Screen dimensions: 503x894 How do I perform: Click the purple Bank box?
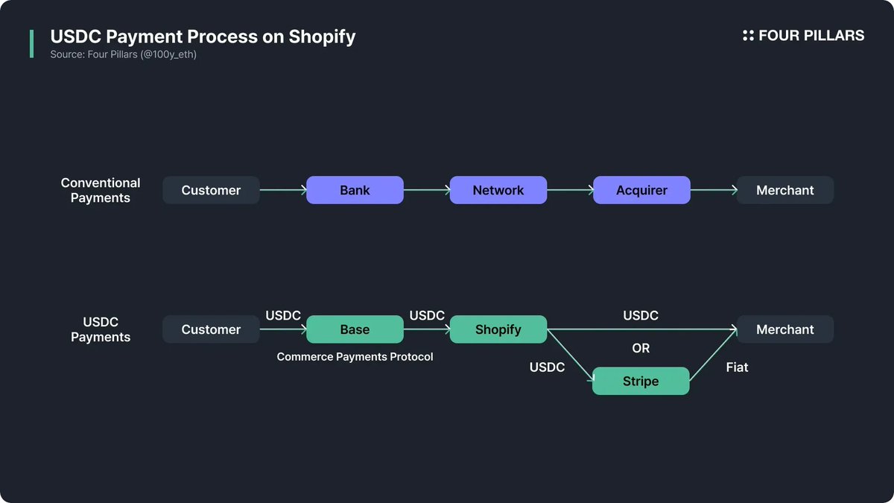coord(355,190)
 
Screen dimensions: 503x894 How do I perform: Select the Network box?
coord(498,190)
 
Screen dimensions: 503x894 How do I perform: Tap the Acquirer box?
coord(641,190)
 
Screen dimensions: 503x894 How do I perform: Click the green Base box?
coord(355,329)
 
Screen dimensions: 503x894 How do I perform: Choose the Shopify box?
coord(498,329)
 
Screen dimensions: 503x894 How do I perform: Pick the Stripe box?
coord(641,381)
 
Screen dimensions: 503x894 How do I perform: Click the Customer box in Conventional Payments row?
coord(211,190)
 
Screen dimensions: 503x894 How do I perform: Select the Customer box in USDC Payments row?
coord(211,329)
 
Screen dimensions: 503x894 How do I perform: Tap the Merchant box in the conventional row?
coord(784,190)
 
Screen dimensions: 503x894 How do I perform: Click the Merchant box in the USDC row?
coord(784,329)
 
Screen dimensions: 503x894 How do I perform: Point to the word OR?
coord(641,348)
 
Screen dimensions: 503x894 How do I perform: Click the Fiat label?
coord(737,367)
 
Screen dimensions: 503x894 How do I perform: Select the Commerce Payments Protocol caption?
coord(355,357)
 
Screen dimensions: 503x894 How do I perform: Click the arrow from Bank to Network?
coord(427,190)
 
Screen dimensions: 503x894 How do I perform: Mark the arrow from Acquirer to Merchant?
coord(714,190)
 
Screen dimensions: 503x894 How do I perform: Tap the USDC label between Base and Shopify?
coord(427,316)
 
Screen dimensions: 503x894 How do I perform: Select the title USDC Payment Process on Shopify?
coord(203,37)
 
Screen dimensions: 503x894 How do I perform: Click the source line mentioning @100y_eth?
coord(124,54)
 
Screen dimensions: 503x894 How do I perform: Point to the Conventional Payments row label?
coord(101,190)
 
